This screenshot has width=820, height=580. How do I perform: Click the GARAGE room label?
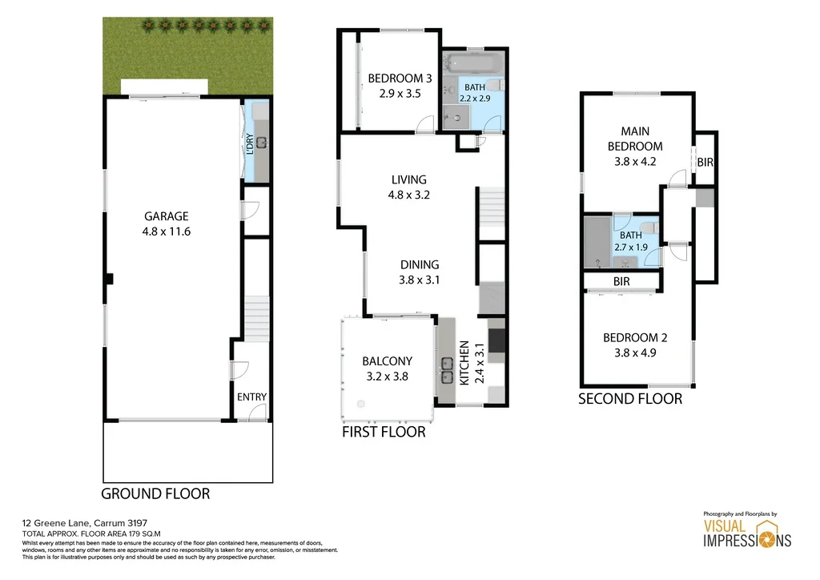(166, 216)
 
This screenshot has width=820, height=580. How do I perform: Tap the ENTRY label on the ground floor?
(251, 397)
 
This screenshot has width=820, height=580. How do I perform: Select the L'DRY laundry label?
(250, 144)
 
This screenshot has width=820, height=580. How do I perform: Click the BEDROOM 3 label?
(400, 79)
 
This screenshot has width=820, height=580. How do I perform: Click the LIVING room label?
(408, 180)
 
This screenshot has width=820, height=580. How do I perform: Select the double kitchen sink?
(446, 370)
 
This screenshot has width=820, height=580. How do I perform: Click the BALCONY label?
(386, 361)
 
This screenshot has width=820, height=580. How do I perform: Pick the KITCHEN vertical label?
(464, 362)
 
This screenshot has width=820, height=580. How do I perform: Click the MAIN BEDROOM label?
(635, 138)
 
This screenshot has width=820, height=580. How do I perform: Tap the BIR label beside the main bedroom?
(705, 163)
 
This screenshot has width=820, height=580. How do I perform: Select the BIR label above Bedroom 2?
(621, 282)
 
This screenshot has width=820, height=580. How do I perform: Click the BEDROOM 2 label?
(634, 338)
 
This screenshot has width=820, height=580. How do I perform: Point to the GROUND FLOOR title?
(155, 493)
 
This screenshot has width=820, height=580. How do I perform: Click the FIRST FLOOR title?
(384, 432)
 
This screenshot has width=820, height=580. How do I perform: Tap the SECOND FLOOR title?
(630, 398)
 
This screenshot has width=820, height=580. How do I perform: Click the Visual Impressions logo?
(746, 531)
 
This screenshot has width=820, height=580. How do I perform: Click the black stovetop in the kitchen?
(496, 336)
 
